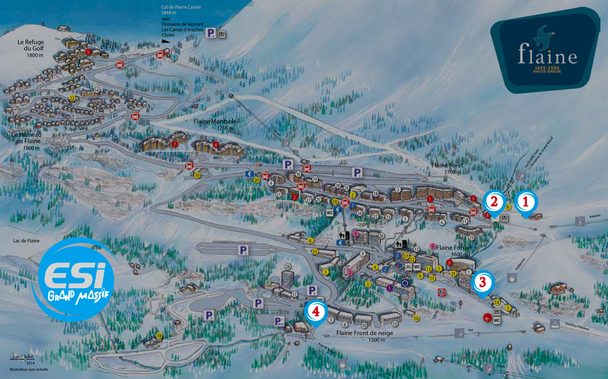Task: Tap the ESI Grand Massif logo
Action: point(73,276)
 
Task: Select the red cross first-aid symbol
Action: point(487,318)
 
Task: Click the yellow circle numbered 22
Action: point(72,98)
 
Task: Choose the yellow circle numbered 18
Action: point(159,335)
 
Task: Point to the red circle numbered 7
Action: point(175,144)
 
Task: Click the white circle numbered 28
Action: point(288,267)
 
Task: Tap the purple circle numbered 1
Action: point(390,288)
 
